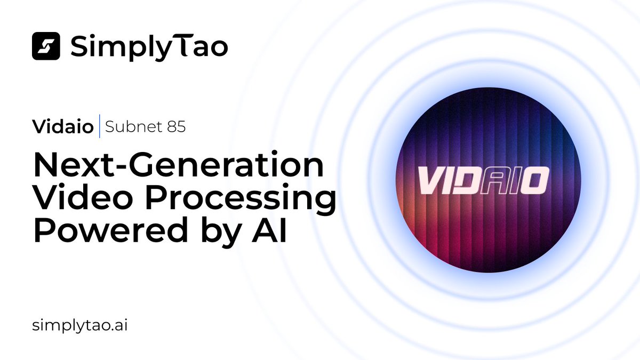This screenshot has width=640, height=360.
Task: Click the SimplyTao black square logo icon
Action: (46, 46)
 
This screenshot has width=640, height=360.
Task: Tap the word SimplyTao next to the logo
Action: (149, 47)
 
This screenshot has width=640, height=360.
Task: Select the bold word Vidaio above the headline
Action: (63, 128)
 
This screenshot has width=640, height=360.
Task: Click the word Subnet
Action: (130, 128)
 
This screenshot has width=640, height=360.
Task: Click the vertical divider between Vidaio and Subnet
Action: (100, 128)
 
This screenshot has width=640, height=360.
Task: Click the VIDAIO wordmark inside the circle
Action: (482, 181)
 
